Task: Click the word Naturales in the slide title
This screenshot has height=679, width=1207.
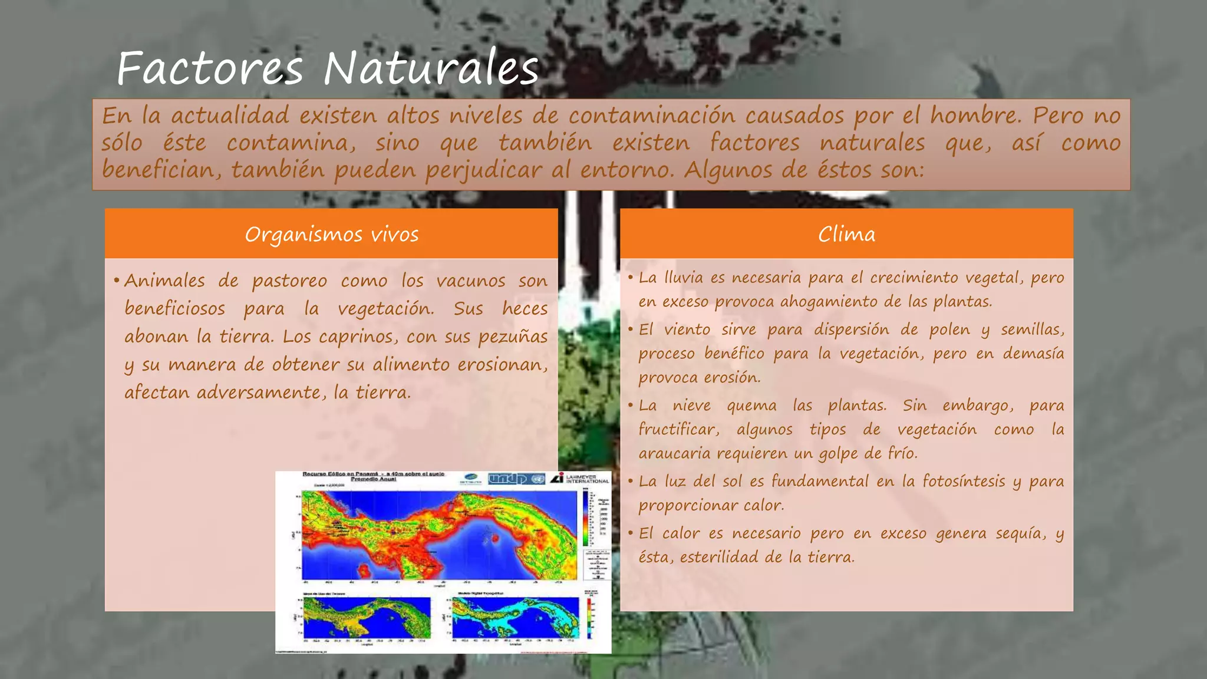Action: tap(431, 69)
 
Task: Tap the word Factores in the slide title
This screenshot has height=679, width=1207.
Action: tap(210, 69)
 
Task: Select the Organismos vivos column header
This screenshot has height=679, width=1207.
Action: tap(331, 235)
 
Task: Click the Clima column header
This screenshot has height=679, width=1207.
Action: tap(846, 235)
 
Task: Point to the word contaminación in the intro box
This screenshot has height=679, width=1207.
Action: tap(652, 116)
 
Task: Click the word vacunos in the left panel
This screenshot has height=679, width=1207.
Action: tap(470, 281)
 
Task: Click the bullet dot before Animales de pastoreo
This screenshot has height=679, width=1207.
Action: tap(117, 281)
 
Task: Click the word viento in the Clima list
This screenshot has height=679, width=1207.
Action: tap(687, 329)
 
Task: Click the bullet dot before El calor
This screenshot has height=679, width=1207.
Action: tap(631, 533)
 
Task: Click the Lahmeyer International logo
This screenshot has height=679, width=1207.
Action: tap(581, 479)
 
